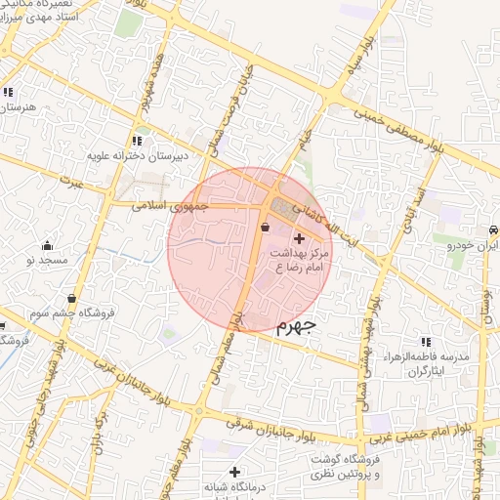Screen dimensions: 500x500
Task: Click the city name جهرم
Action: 290,325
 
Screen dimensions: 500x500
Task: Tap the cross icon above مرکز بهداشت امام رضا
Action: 298,238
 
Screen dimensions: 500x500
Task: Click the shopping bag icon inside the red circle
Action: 266,228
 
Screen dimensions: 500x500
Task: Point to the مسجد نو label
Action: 46,261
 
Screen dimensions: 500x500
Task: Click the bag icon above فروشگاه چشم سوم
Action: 70,299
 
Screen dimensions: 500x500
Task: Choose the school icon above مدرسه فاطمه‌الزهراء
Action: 426,342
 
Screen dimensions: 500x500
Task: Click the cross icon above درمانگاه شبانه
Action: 234,473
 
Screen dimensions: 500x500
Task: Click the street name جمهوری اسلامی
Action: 170,205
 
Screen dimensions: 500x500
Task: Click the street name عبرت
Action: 71,183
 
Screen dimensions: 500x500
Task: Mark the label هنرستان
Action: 17,105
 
